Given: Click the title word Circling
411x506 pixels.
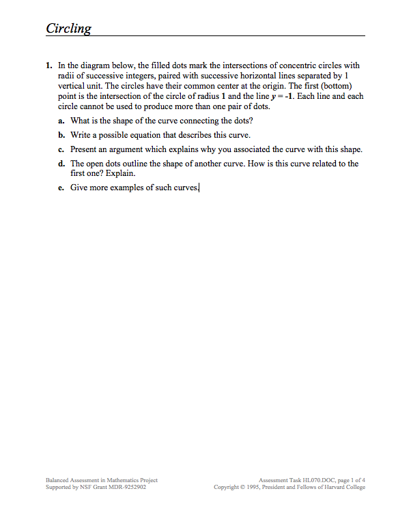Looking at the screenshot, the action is [68, 28].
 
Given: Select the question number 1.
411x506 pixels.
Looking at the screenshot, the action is [48, 65].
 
